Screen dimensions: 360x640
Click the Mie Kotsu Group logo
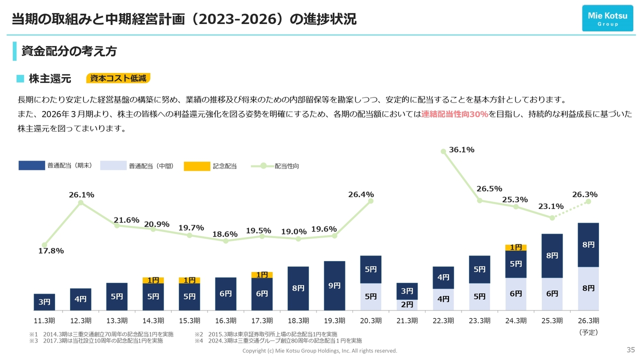[x=607, y=18]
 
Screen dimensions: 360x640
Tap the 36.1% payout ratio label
[x=461, y=149]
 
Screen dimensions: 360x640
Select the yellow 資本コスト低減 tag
[x=118, y=78]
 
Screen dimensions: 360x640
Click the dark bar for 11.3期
[x=44, y=302]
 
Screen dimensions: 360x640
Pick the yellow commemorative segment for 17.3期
[x=262, y=274]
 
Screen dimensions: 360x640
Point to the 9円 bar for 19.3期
[x=334, y=285]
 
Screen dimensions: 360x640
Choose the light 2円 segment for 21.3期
[x=407, y=304]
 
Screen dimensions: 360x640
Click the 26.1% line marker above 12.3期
[x=81, y=202]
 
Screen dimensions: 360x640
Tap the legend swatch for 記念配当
[x=196, y=166]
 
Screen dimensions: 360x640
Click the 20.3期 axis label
[x=370, y=320]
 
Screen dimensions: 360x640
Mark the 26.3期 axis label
[x=588, y=320]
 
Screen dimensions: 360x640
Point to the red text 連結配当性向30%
[x=454, y=114]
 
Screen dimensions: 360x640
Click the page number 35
[x=630, y=349]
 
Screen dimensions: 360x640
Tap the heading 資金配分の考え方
[x=69, y=51]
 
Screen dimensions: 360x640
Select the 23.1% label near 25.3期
[x=551, y=206]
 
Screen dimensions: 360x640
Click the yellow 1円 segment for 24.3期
[x=515, y=247]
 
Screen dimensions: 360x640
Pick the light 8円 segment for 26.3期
[x=588, y=288]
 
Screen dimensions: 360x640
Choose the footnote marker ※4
[x=199, y=341]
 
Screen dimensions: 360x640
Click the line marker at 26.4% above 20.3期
[x=371, y=201]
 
